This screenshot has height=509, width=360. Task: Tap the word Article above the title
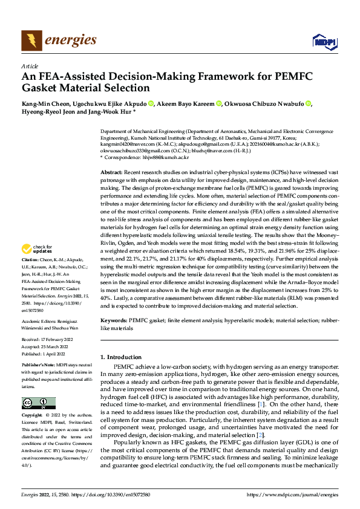click(x=30, y=66)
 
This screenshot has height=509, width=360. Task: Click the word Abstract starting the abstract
click(x=113, y=173)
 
